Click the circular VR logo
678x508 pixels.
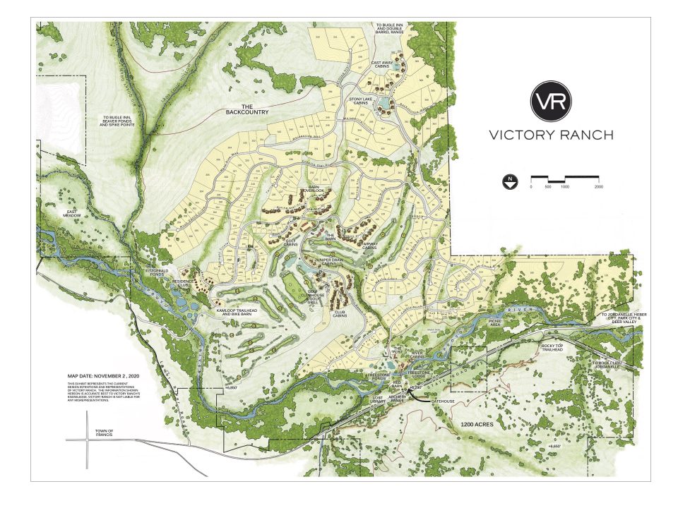(x=551, y=101)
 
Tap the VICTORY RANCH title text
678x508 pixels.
(x=551, y=135)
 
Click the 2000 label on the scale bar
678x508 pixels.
(x=598, y=186)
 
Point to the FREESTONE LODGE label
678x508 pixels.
(x=415, y=373)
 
